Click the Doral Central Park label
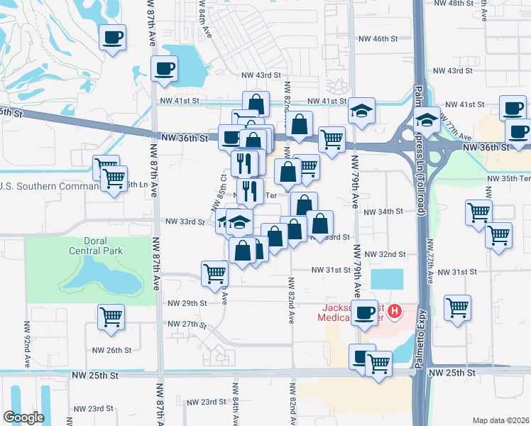pyautogui.click(x=96, y=246)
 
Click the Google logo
pyautogui.click(x=23, y=417)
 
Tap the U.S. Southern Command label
pyautogui.click(x=50, y=187)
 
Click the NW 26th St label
pyautogui.click(x=111, y=350)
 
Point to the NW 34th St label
pyautogui.click(x=383, y=212)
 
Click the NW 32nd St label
pyautogui.click(x=385, y=253)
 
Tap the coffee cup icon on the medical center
pyautogui.click(x=366, y=312)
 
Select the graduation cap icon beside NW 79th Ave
pyautogui.click(x=361, y=111)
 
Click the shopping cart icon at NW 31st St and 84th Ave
pyautogui.click(x=214, y=273)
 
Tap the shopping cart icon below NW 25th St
pyautogui.click(x=378, y=364)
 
